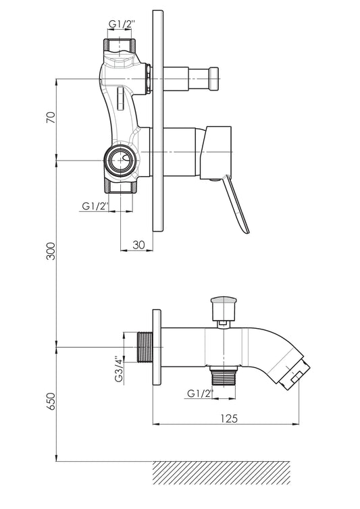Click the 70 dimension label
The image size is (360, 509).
tap(51, 117)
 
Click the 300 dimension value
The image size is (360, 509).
tap(51, 251)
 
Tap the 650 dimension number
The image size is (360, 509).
tap(51, 402)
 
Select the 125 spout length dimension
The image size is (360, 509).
tap(229, 418)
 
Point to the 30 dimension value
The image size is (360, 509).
tap(138, 245)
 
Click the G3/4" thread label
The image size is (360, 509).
tap(120, 369)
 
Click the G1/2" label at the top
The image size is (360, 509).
tap(122, 24)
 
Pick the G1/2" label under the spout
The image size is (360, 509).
tap(200, 394)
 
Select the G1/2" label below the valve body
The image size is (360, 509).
tap(95, 206)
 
